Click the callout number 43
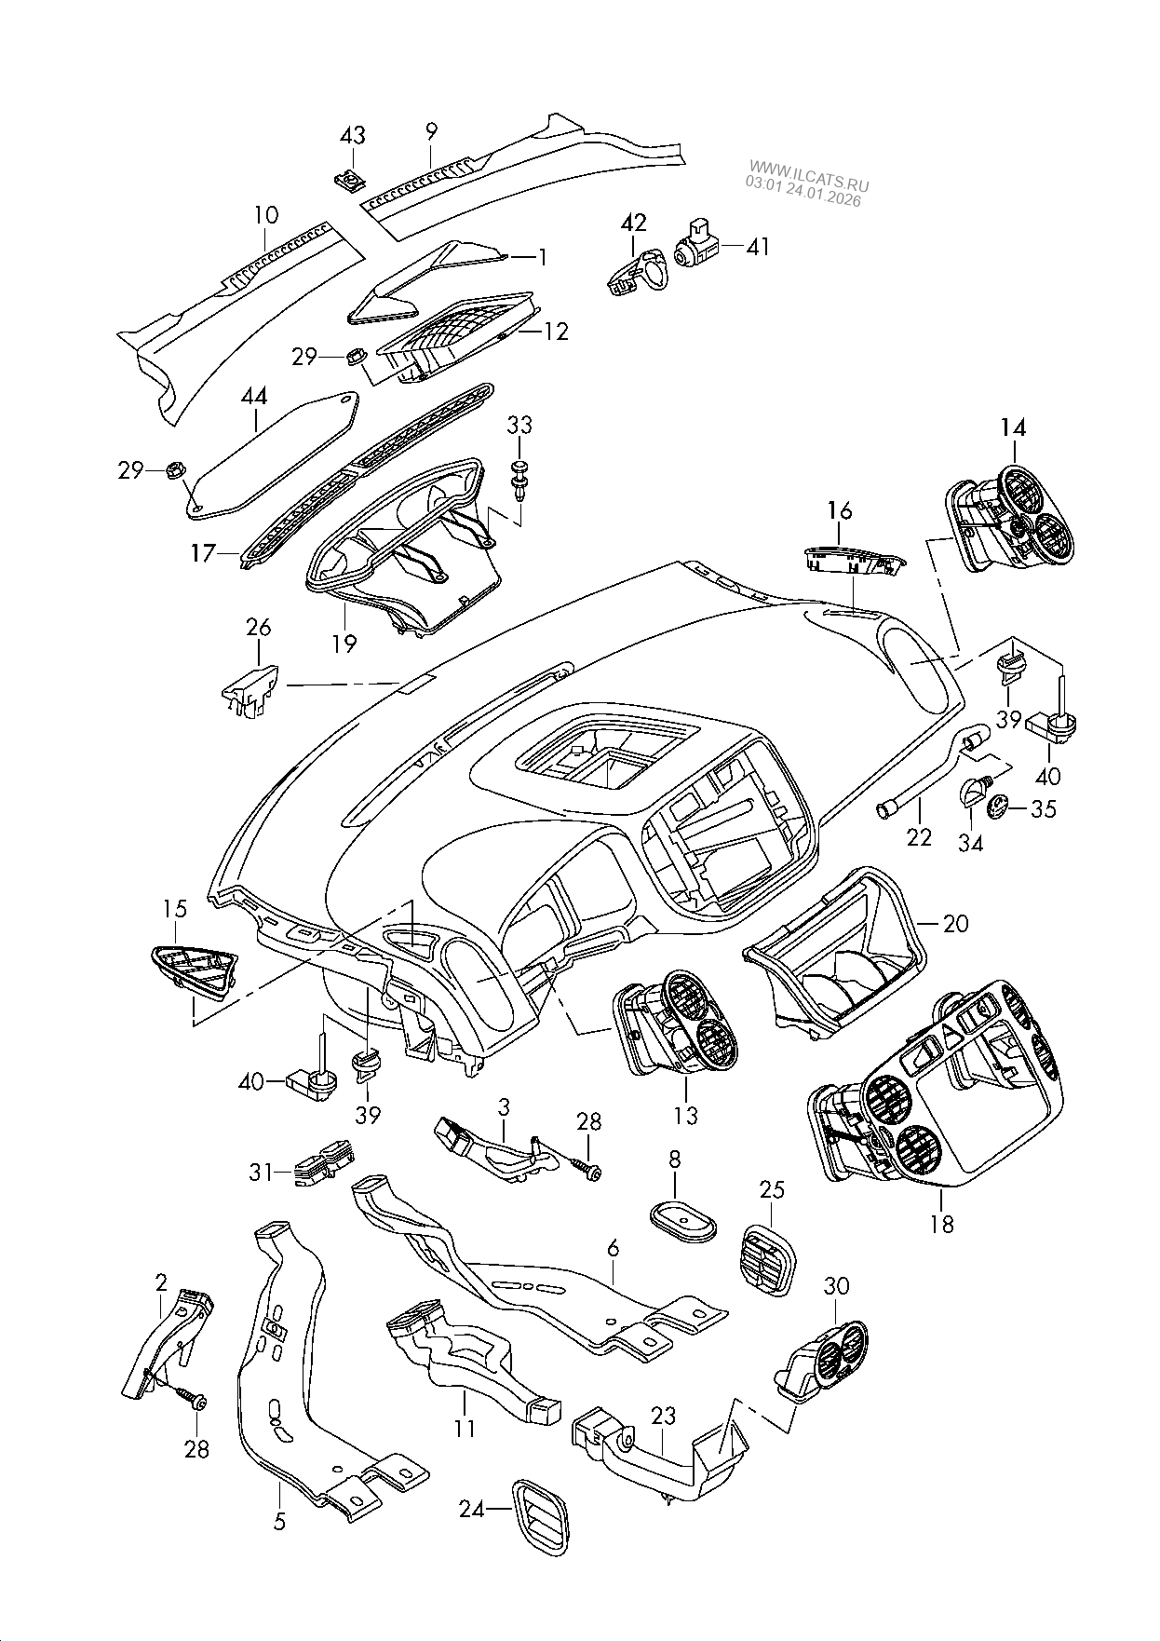pyautogui.click(x=353, y=136)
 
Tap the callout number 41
pyautogui.click(x=758, y=247)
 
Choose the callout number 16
pyautogui.click(x=840, y=510)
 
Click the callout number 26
pyautogui.click(x=258, y=628)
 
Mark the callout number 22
pyautogui.click(x=919, y=836)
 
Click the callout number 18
pyautogui.click(x=942, y=1223)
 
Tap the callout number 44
pyautogui.click(x=254, y=398)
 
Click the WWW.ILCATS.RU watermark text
pyautogui.click(x=806, y=170)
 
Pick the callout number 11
pyautogui.click(x=465, y=1427)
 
